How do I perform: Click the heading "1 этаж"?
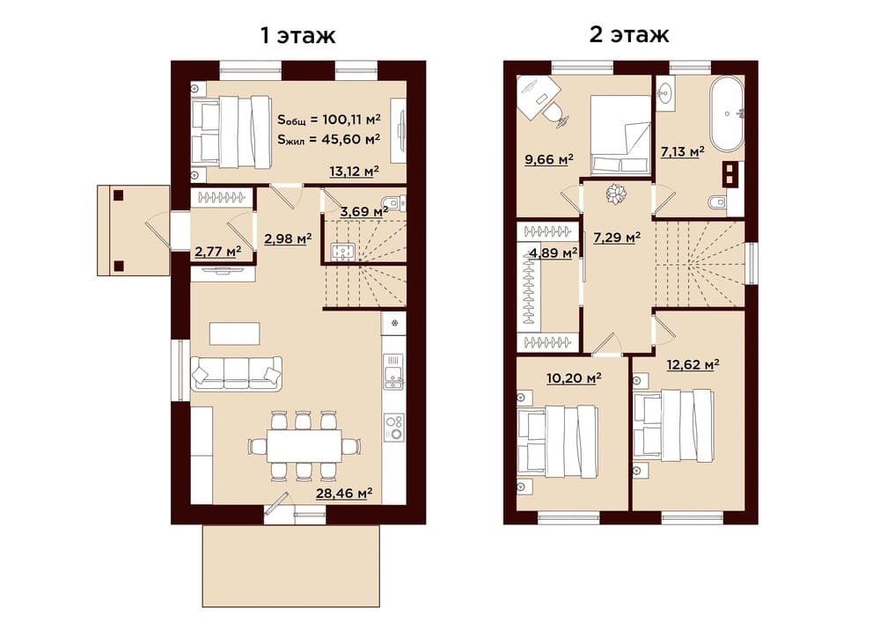[298, 35]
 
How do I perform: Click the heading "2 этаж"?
[629, 35]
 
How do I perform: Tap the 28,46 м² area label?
[344, 494]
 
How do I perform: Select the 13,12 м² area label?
[354, 171]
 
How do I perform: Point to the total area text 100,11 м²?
[351, 120]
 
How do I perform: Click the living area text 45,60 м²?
[351, 139]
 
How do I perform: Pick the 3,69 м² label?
[364, 212]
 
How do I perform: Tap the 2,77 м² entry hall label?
[217, 252]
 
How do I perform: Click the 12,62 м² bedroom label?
[693, 365]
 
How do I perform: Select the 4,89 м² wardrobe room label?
[554, 253]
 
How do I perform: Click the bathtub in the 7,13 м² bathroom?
[727, 114]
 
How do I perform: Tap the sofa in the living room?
[236, 373]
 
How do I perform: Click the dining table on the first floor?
[304, 446]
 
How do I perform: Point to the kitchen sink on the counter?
[393, 371]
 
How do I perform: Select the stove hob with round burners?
[394, 428]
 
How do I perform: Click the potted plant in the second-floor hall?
[616, 194]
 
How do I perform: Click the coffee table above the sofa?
[235, 333]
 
